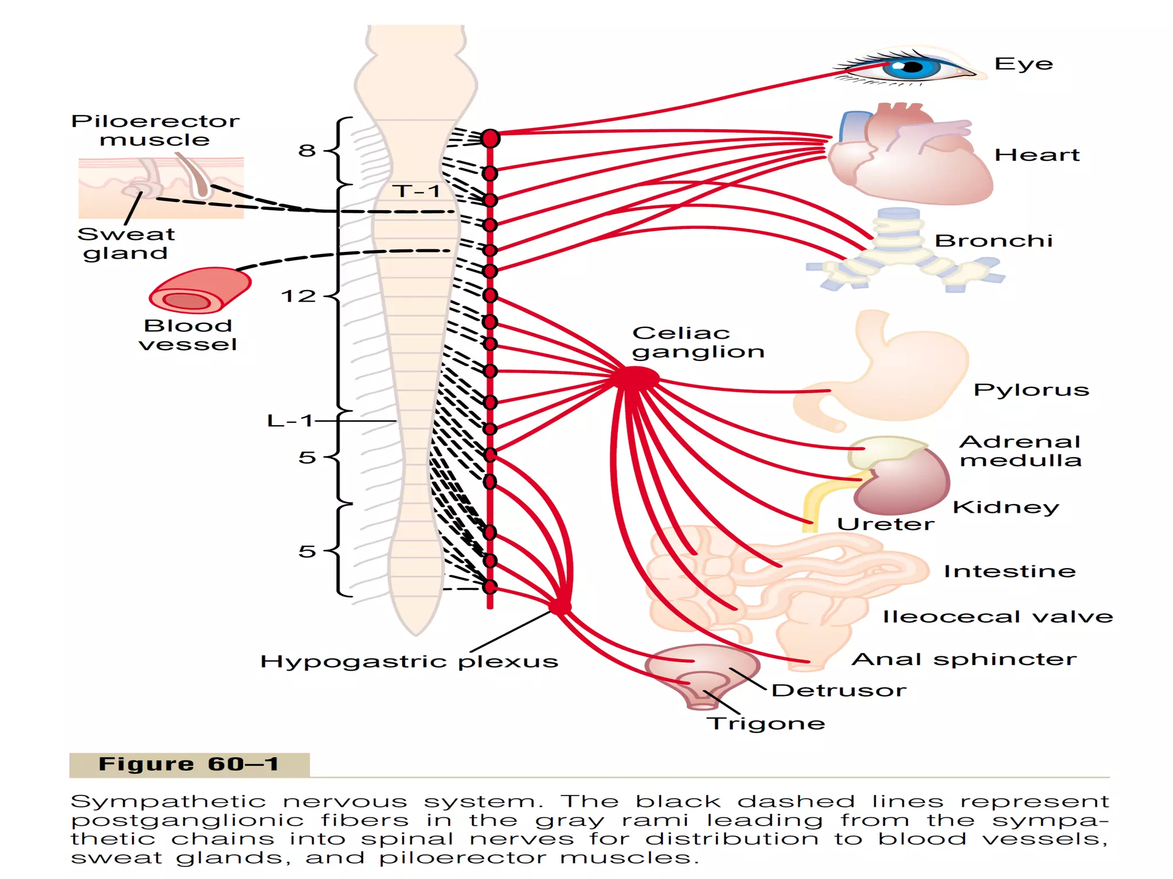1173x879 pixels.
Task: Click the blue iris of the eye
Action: coord(911,68)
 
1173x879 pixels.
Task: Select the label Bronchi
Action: coord(993,241)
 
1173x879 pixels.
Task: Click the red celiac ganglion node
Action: coord(636,378)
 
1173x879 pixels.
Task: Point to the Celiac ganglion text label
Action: coord(698,342)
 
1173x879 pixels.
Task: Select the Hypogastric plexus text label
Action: coord(409,662)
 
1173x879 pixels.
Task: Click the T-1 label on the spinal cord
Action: coord(416,191)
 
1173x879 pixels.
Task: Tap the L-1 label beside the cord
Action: coord(290,421)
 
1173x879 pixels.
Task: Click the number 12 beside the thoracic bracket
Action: coord(298,296)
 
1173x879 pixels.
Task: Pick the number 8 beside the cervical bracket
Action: coord(306,151)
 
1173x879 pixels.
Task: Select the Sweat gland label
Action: coord(126,243)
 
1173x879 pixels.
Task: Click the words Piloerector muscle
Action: coord(155,130)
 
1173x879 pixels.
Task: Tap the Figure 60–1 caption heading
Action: coord(189,765)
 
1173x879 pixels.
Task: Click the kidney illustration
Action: coord(905,484)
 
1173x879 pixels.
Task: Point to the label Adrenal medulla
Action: coord(1021,451)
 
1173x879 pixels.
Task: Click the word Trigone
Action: coord(766,723)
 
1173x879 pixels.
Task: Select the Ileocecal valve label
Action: coord(998,617)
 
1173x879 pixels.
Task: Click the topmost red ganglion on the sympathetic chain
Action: coord(490,138)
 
